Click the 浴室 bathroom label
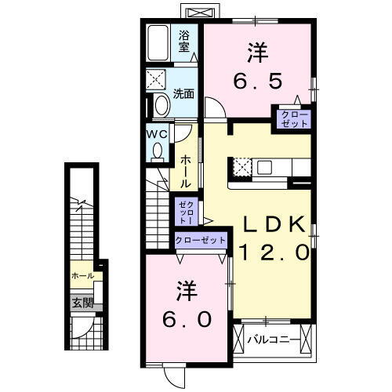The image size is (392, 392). pos(185,41)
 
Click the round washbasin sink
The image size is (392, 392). pos(161,105)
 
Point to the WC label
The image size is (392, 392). pos(155,132)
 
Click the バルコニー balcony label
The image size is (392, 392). pos(272,340)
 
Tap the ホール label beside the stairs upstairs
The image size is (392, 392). pos(185,171)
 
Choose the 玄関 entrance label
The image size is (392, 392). pos(83,303)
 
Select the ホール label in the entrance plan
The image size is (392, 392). pos(82,276)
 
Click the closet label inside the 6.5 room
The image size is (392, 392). pos(292,119)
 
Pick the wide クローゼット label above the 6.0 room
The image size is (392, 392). pos(200,240)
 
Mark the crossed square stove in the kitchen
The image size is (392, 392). pos(240,167)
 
